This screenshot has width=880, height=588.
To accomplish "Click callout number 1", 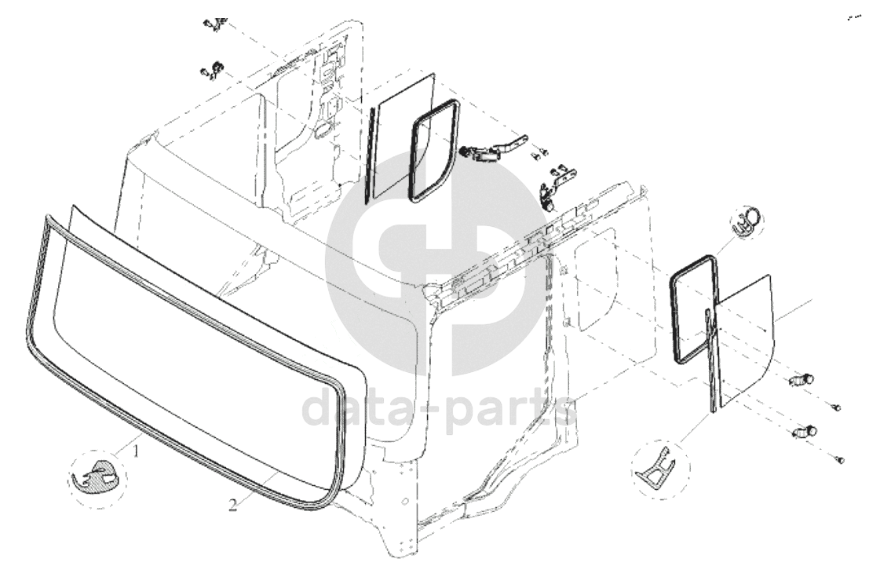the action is tap(135, 451).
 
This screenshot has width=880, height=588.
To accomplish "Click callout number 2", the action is tap(233, 505).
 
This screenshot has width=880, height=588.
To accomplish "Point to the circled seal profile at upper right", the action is tap(747, 219).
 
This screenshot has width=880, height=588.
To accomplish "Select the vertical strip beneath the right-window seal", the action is tap(711, 359).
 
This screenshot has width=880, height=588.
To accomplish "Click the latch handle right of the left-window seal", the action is tap(494, 149).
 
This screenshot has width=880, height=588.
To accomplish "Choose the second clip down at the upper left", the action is tap(212, 70).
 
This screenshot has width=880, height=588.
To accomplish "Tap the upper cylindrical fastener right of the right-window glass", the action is tap(801, 380).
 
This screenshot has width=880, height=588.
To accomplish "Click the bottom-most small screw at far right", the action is tap(840, 460).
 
